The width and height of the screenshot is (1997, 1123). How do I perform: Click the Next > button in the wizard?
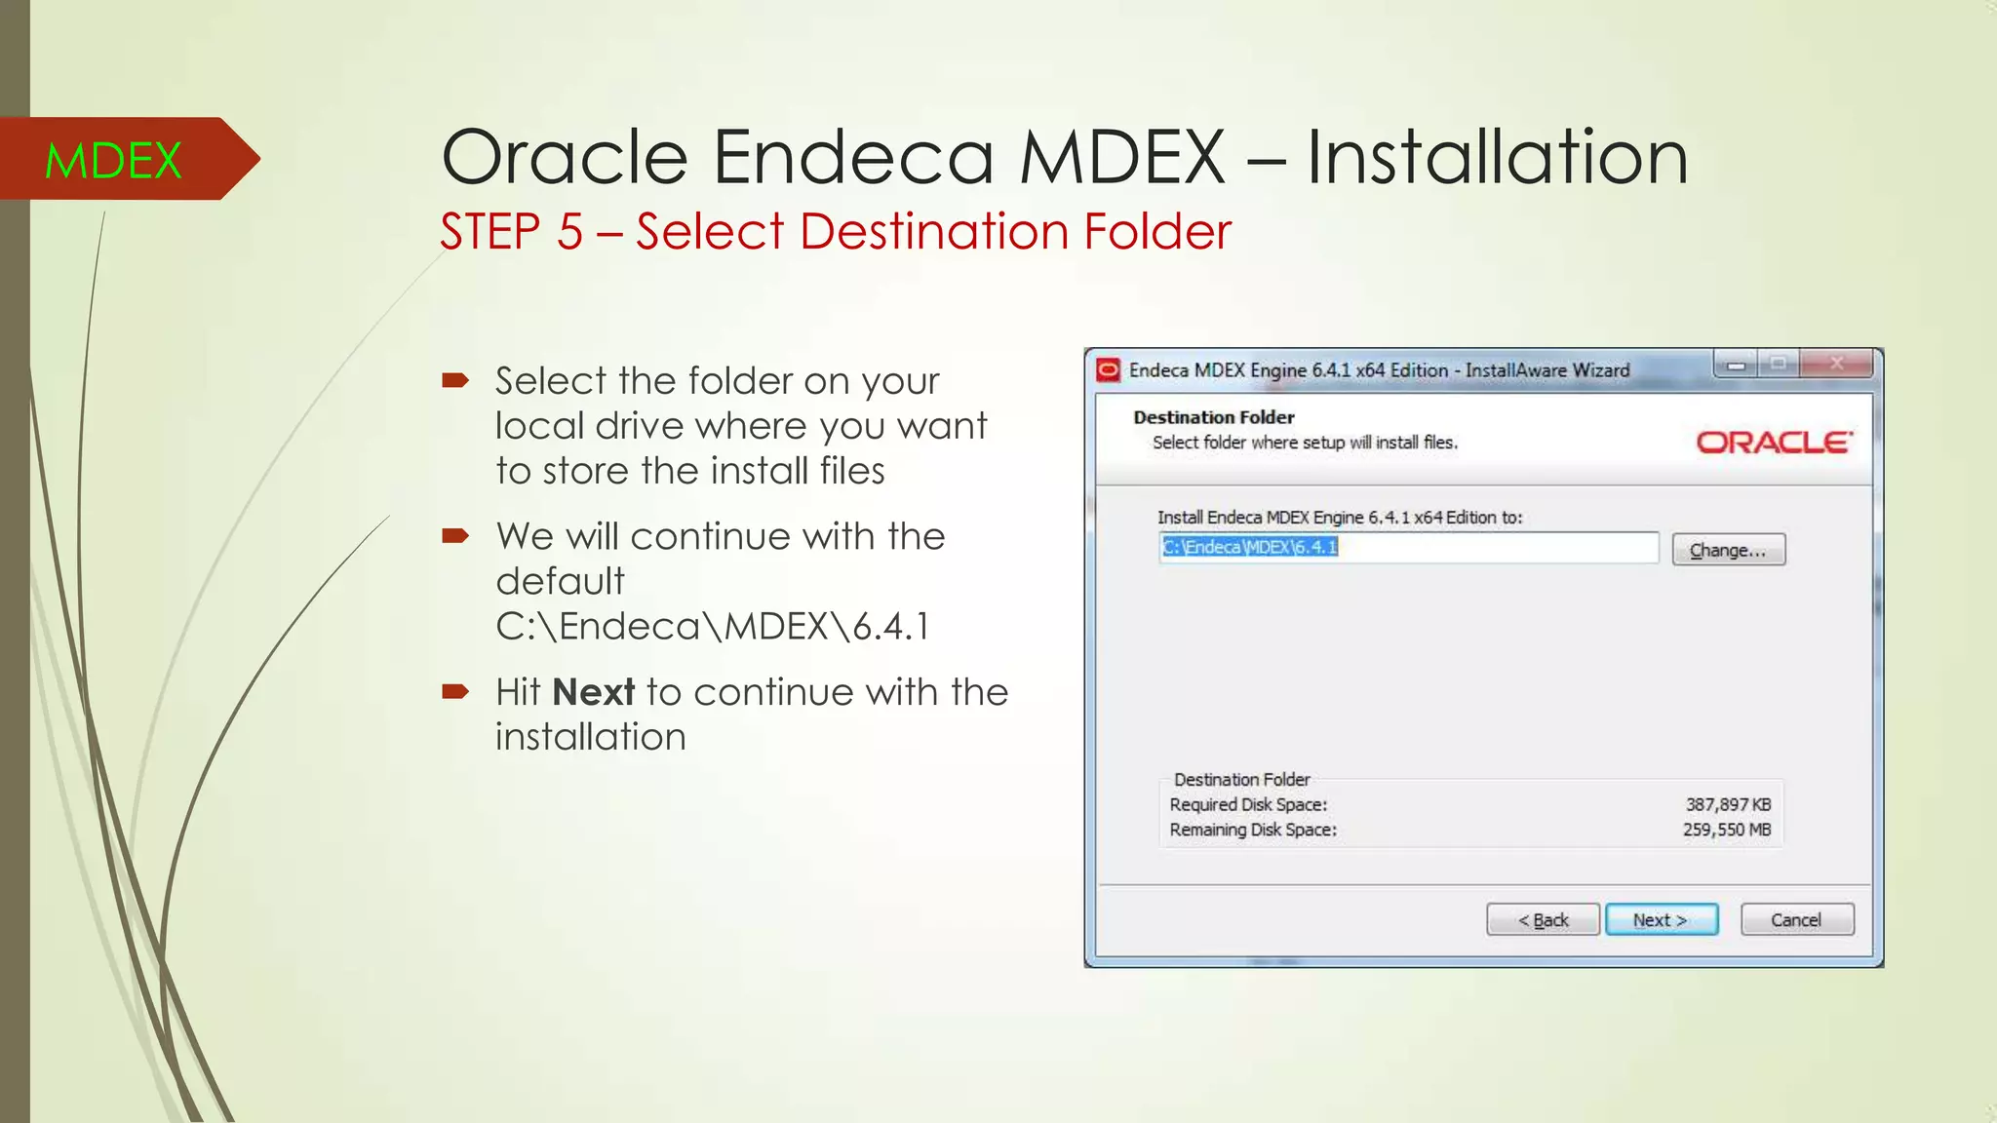tap(1661, 919)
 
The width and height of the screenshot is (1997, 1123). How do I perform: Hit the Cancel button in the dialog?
tap(1796, 919)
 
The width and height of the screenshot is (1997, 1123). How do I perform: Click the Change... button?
tap(1728, 550)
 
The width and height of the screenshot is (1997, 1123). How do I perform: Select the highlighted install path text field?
tap(1408, 548)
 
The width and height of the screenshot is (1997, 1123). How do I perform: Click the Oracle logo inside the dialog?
tap(1773, 443)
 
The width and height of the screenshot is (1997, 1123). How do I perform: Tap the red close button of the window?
tap(1836, 365)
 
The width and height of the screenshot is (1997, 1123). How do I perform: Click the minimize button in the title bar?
tap(1736, 365)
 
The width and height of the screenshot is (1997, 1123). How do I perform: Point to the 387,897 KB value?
tap(1728, 804)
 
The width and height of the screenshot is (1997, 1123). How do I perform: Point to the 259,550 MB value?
tap(1726, 830)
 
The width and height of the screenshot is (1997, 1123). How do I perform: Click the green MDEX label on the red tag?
tap(113, 160)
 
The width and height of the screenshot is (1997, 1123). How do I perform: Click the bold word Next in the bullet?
tap(593, 692)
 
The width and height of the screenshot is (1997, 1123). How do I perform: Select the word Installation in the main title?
tap(1496, 157)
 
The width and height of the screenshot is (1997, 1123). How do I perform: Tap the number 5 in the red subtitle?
tap(569, 232)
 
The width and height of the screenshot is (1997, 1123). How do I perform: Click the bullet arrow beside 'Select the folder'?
tap(455, 380)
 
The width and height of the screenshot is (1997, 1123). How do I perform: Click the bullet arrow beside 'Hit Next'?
tap(455, 692)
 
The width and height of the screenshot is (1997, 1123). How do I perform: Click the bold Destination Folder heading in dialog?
tap(1213, 417)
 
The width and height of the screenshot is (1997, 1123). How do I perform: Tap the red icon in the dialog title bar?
tap(1108, 370)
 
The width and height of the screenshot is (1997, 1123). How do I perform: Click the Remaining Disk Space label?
tap(1253, 830)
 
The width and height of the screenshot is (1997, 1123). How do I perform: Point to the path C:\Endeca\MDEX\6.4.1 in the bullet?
tap(712, 626)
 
